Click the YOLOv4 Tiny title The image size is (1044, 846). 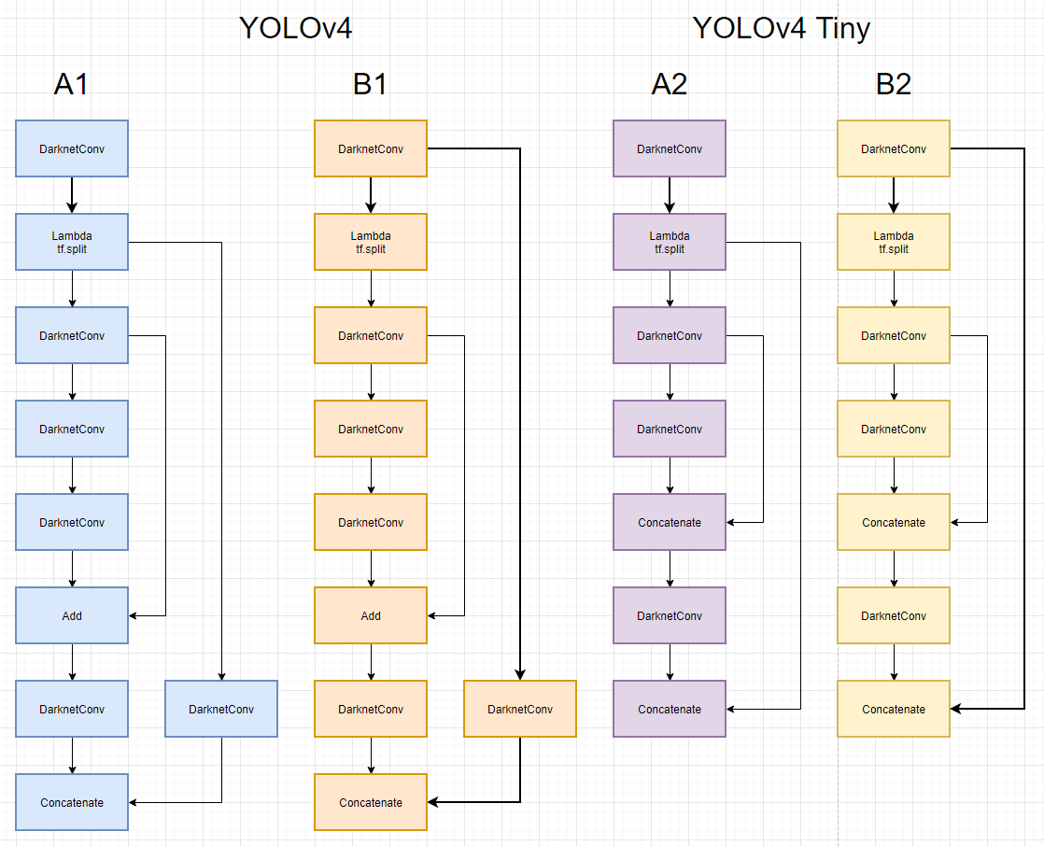tap(781, 28)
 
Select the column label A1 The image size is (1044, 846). tap(71, 84)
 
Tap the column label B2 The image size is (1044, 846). tap(893, 84)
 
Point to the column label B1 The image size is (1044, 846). tap(370, 84)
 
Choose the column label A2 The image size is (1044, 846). tap(669, 84)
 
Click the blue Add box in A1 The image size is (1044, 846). tap(72, 615)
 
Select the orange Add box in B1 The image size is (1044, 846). tap(371, 615)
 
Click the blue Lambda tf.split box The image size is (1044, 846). tap(72, 242)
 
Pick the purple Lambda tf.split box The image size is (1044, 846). tap(670, 242)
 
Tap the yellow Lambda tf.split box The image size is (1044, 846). tap(894, 242)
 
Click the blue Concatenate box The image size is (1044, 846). tap(72, 802)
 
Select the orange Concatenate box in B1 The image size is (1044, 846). tap(371, 802)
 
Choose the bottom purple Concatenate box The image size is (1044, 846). tap(670, 709)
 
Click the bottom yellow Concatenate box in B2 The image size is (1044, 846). tap(894, 709)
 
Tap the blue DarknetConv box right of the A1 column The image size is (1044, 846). tap(221, 709)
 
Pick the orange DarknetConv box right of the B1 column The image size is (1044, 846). tap(520, 709)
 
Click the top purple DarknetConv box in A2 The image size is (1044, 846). tap(670, 148)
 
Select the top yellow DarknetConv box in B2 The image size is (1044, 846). tap(894, 148)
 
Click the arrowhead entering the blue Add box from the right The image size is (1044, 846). tap(134, 615)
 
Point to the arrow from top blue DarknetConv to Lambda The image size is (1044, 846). tap(72, 195)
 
